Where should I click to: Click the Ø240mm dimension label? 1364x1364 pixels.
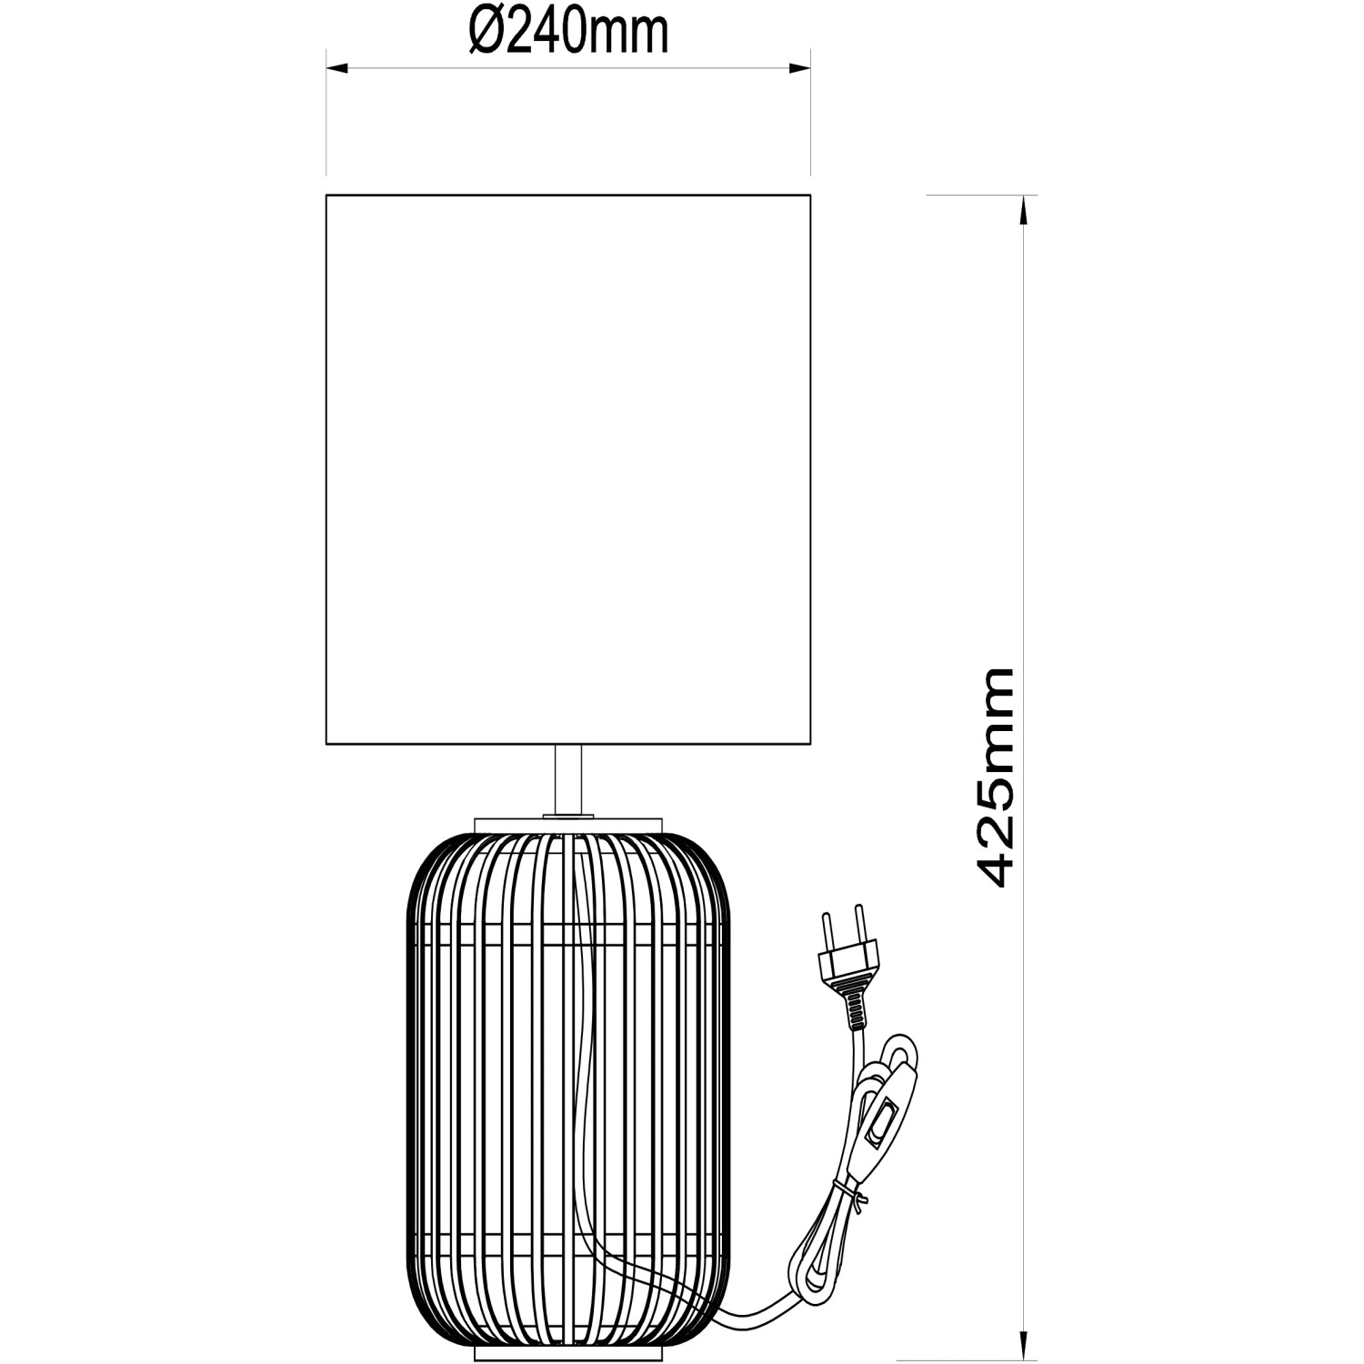(x=568, y=33)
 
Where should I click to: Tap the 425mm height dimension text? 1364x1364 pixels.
(x=987, y=777)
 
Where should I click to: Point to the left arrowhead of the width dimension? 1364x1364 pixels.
(x=337, y=67)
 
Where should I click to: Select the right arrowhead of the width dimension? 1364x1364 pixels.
(x=799, y=67)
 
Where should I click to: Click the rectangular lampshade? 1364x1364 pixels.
(x=568, y=469)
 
